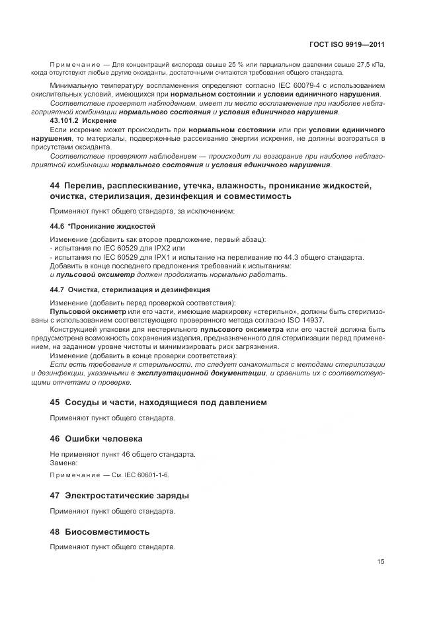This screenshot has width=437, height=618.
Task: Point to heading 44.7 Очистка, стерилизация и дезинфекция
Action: [130, 290]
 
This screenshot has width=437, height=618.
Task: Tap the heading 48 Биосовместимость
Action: [100, 531]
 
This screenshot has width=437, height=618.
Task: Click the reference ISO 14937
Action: [316, 321]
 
